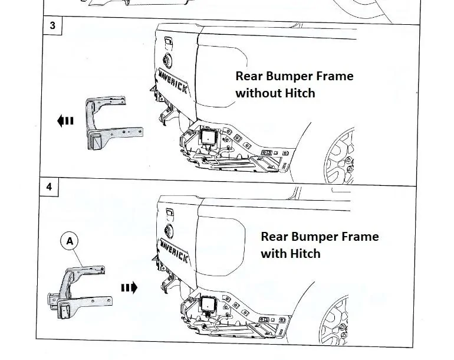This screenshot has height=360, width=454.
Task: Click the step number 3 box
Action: tap(52, 25)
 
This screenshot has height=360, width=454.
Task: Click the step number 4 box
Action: tap(49, 186)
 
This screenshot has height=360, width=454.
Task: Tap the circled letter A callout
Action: tap(70, 241)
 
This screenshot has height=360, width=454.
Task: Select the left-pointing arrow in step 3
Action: tap(65, 120)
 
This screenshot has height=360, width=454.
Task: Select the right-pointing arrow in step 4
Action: tap(130, 287)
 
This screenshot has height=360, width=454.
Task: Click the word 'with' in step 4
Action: tap(274, 254)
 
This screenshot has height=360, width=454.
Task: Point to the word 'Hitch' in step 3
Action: tap(300, 93)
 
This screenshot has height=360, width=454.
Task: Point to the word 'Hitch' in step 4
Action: tap(305, 254)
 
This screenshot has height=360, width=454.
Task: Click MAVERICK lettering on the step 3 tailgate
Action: tap(173, 81)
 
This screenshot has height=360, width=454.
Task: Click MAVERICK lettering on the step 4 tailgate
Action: tap(174, 251)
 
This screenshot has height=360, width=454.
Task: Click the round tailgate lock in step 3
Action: tap(167, 61)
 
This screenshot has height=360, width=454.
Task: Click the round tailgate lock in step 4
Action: tap(169, 231)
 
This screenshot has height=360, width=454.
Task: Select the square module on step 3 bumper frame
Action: tap(208, 136)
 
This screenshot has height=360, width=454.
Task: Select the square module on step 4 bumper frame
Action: tap(208, 304)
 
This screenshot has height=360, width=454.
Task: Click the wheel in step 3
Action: tap(340, 156)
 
